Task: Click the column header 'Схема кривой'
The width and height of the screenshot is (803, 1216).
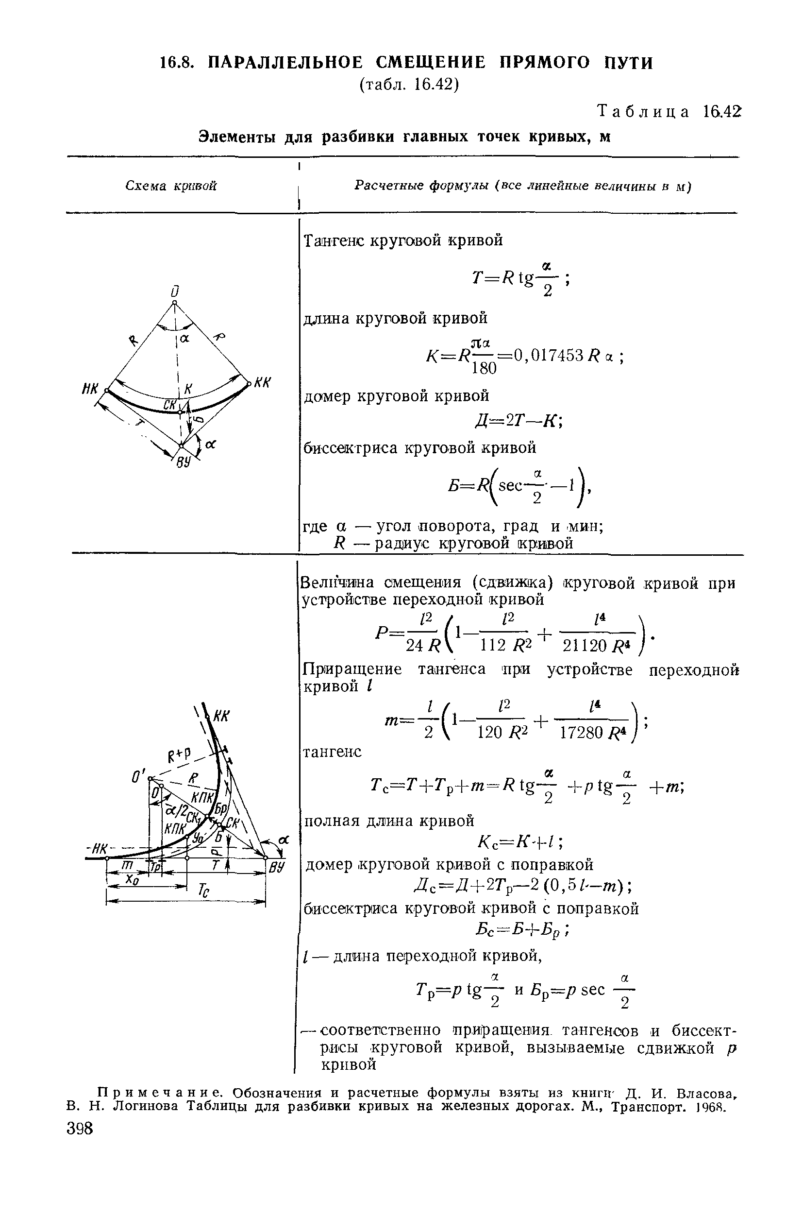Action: click(171, 186)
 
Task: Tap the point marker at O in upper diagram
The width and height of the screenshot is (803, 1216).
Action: click(174, 303)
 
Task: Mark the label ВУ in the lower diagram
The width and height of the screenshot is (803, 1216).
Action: click(277, 867)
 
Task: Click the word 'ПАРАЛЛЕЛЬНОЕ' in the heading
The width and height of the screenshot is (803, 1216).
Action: click(286, 63)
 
